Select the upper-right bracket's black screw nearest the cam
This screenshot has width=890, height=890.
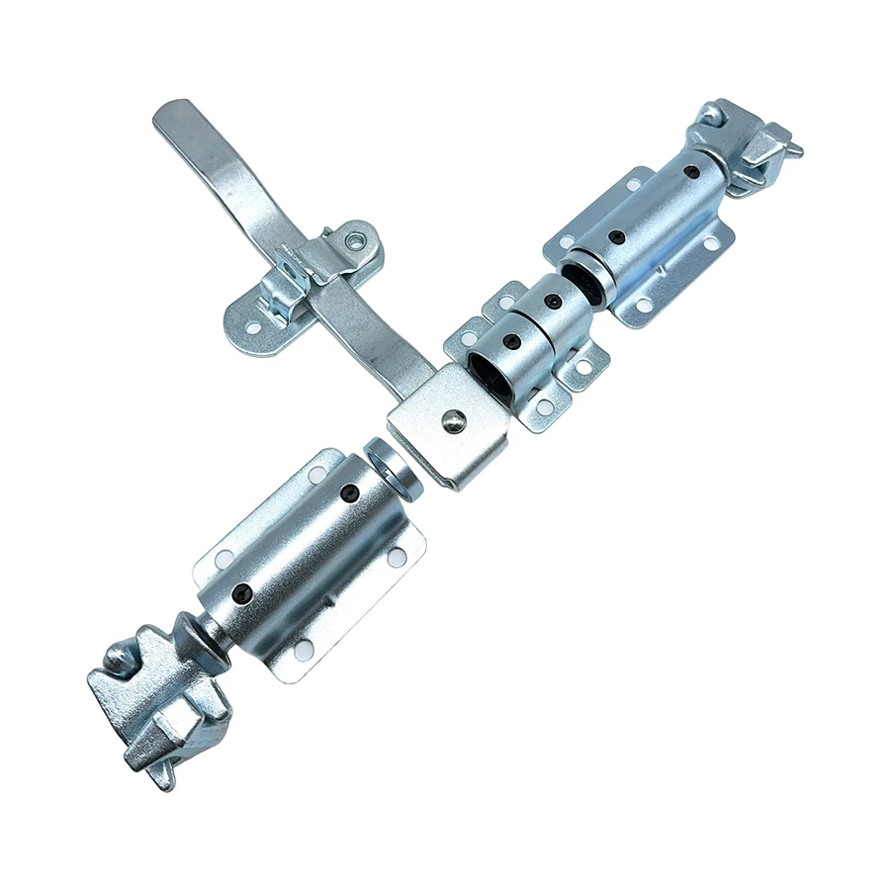point(691,172)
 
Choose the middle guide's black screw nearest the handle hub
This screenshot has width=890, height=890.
point(512,341)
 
